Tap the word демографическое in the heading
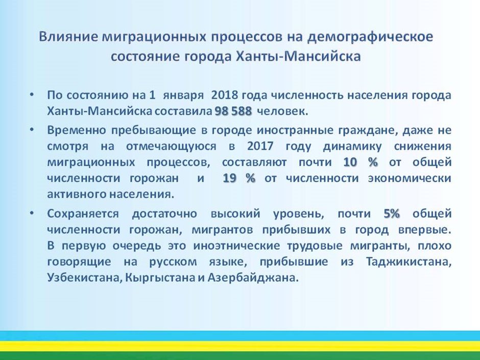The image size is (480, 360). [370, 37]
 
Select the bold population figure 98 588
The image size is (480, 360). [233, 111]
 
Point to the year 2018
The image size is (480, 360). [224, 95]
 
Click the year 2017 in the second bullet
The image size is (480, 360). [260, 146]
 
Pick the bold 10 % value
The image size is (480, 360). [361, 162]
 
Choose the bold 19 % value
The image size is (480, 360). [239, 178]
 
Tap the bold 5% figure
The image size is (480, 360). [392, 213]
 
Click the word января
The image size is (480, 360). [183, 95]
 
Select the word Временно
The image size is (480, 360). [76, 130]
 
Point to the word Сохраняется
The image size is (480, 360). [83, 214]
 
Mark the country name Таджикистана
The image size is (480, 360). [409, 262]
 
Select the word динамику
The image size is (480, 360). [352, 147]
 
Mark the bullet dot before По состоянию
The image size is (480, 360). [32, 95]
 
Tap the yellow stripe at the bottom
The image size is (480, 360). [240, 346]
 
